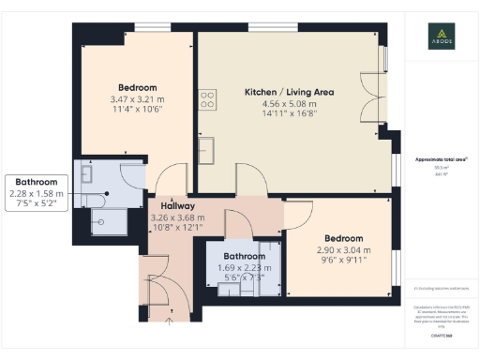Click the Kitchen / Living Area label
(x=289, y=92)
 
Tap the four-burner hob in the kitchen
(x=206, y=98)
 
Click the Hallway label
(x=177, y=205)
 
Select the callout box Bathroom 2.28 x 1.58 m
(x=37, y=193)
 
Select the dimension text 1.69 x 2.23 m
(x=242, y=267)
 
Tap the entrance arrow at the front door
(x=169, y=320)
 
